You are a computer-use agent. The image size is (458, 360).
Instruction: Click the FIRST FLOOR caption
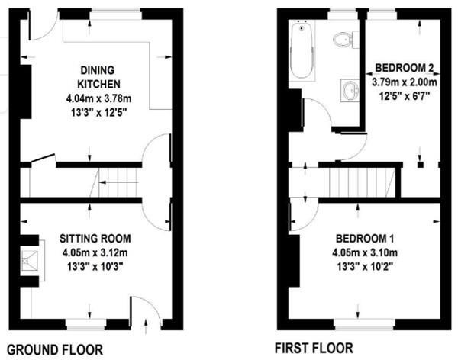click(x=314, y=349)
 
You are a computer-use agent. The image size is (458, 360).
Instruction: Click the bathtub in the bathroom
click(x=302, y=51)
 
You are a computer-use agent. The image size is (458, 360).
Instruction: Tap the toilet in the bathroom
click(x=345, y=38)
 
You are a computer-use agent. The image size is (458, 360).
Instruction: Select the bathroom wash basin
click(x=350, y=90)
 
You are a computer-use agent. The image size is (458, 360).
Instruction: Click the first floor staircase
click(x=360, y=183)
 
